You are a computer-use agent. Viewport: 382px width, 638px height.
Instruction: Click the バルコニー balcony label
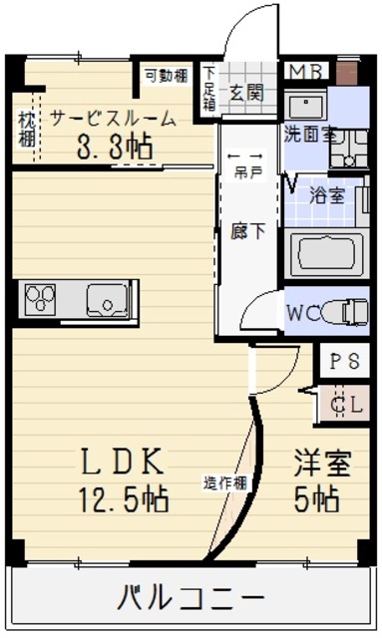click(191, 599)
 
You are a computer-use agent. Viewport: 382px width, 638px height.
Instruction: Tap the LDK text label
click(122, 462)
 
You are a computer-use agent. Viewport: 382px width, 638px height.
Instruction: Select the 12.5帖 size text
click(123, 496)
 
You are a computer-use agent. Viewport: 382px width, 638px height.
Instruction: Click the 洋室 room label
click(321, 463)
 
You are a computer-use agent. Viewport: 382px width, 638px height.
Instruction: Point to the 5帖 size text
click(318, 496)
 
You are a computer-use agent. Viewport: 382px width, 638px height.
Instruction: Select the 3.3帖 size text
click(115, 148)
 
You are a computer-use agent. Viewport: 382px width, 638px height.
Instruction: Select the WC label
click(303, 313)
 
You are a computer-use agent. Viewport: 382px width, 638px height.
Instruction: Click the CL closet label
click(345, 404)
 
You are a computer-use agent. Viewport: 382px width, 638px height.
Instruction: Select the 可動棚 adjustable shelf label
click(167, 74)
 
